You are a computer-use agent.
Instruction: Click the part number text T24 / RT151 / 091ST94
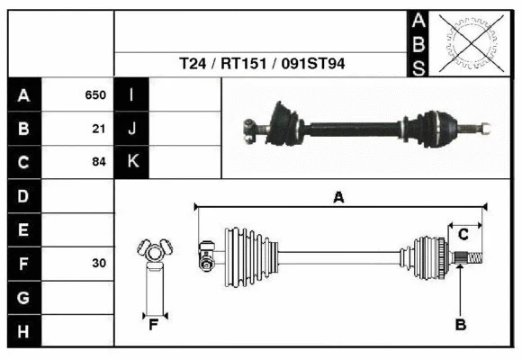coord(261,64)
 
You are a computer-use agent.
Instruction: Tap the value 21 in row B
coord(99,129)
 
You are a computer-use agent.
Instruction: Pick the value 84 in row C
coord(99,163)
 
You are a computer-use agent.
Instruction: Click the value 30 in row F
coord(99,264)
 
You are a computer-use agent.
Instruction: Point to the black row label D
coord(23,196)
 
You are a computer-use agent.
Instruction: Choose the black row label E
coord(23,230)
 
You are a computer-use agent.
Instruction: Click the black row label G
coord(23,297)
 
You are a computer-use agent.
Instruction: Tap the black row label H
coord(23,331)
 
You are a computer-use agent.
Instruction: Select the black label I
coord(131,94)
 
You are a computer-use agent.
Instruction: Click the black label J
coord(131,129)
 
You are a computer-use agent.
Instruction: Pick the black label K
coord(131,163)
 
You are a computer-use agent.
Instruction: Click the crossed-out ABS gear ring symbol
coord(471,42)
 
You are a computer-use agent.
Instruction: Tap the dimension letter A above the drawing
coord(338,197)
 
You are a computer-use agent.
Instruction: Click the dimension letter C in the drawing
coord(463,235)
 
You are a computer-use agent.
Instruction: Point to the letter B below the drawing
coord(460,324)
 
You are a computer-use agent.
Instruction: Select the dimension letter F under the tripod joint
coord(154,325)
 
